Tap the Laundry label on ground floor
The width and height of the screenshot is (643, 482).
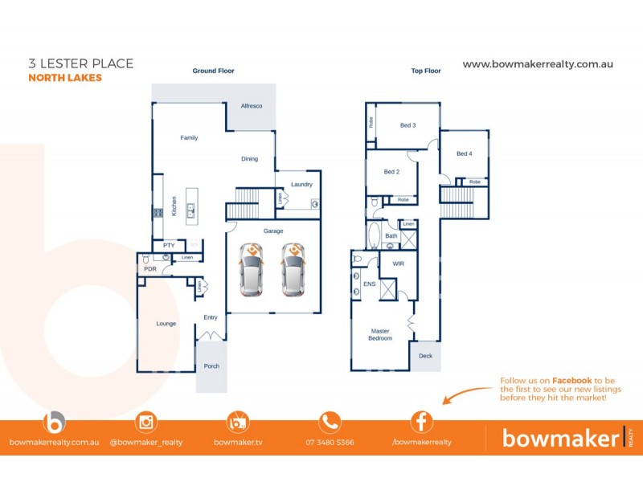(x=301, y=185)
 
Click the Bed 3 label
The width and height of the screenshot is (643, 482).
(x=408, y=125)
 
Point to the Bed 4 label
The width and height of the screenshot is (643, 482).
(x=465, y=154)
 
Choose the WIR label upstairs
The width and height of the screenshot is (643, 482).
(x=398, y=263)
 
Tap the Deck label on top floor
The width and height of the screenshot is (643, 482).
(x=425, y=355)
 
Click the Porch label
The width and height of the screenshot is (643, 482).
(x=211, y=366)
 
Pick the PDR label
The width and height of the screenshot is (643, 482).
(x=150, y=270)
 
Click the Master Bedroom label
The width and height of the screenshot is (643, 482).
(x=380, y=334)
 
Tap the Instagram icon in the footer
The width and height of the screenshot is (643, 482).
(x=146, y=422)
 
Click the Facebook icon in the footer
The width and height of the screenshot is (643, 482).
(x=422, y=422)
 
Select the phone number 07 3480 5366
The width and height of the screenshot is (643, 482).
(x=330, y=443)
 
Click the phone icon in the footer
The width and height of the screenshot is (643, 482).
(x=330, y=422)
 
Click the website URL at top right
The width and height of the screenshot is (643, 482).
(x=538, y=64)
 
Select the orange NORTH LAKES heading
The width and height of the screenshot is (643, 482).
(x=65, y=79)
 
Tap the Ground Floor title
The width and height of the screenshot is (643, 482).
(x=213, y=71)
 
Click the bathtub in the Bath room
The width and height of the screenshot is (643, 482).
(x=374, y=236)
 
